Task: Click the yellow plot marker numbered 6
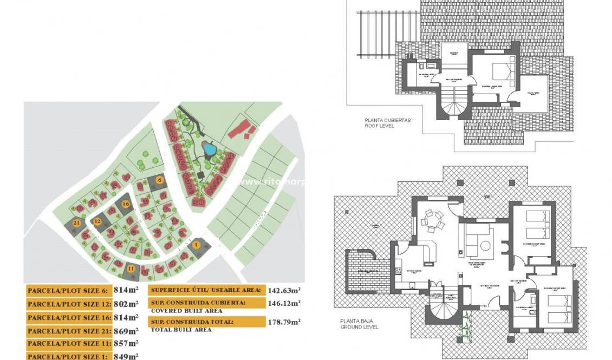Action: tap(159, 180)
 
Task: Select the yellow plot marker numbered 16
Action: tap(126, 204)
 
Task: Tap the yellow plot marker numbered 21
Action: tap(77, 222)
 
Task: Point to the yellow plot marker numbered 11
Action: tap(131, 267)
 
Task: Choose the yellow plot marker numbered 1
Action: tap(196, 245)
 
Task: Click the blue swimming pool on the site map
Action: tap(208, 148)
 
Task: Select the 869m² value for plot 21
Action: tap(126, 330)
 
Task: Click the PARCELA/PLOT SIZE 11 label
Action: tap(68, 343)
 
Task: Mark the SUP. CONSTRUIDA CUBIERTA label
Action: tap(199, 303)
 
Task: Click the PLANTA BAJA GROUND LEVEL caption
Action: tap(360, 324)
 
